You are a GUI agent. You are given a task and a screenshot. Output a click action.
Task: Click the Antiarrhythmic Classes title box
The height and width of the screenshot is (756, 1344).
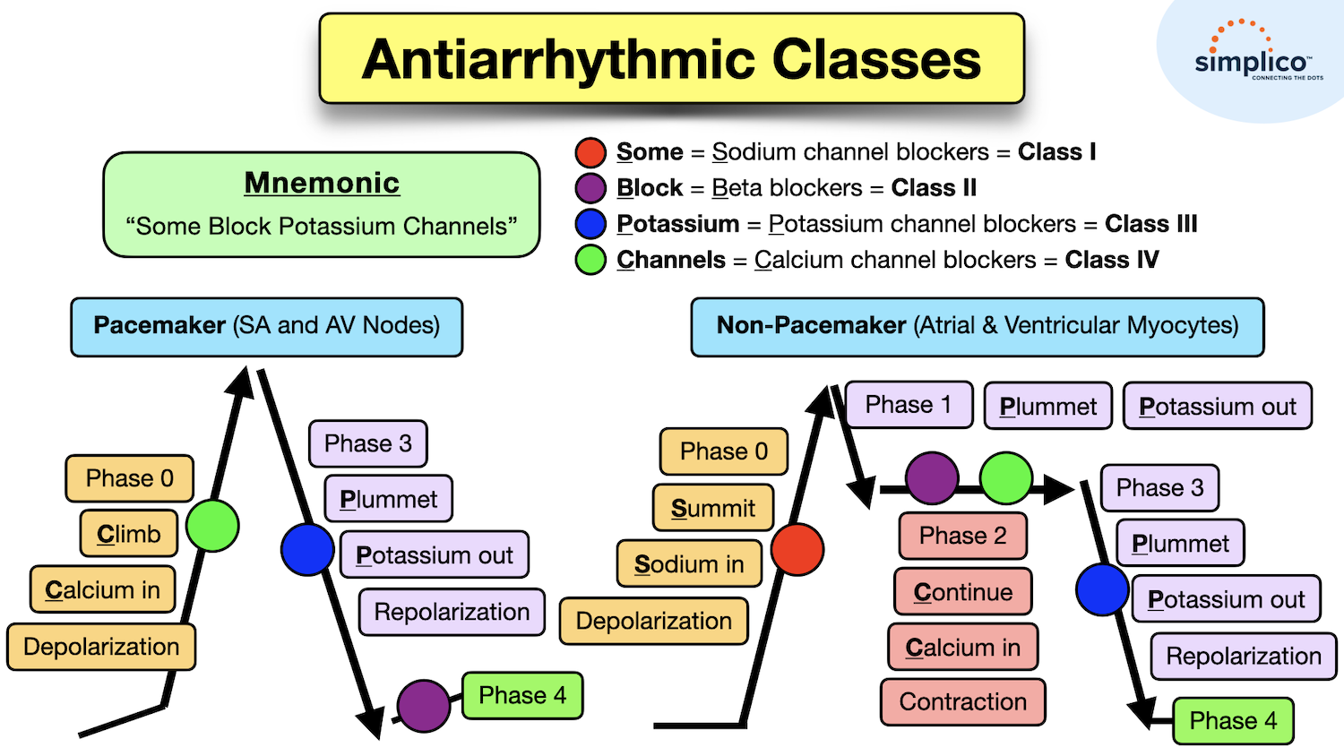[x=671, y=59]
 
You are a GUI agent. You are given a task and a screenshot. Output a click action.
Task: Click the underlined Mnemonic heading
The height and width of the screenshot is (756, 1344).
[x=322, y=183]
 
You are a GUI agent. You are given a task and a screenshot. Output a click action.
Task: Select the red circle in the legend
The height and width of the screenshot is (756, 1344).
[x=590, y=153]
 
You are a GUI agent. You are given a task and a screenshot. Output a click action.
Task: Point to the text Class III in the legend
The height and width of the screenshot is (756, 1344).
[x=1150, y=224]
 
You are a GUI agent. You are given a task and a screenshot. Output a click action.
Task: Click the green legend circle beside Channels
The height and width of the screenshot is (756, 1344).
[x=590, y=260]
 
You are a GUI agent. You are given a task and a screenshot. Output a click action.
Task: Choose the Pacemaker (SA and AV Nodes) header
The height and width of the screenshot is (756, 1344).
[x=266, y=326]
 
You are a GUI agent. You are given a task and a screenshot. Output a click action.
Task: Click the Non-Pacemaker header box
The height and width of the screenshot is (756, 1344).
[x=977, y=326]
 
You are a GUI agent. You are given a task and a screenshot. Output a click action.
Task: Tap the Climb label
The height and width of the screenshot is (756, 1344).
[x=129, y=534]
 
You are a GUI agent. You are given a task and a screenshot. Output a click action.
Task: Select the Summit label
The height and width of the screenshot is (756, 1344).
[x=713, y=508]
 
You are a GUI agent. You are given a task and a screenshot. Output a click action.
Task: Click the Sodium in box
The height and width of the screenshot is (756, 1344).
[x=688, y=564]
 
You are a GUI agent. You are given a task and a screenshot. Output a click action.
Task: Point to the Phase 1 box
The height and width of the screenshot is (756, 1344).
[x=908, y=405]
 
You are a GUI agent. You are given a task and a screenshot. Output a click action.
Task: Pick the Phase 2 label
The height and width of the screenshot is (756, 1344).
[x=962, y=536]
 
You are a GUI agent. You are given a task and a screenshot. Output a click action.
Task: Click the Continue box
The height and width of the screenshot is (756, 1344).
[x=962, y=592]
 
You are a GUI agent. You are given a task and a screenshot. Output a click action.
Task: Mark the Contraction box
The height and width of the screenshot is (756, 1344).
[x=962, y=701]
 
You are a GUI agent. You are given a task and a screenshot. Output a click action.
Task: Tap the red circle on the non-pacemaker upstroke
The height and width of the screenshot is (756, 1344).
[x=797, y=549]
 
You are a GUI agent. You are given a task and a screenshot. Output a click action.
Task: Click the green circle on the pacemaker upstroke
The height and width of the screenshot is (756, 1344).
[x=212, y=526]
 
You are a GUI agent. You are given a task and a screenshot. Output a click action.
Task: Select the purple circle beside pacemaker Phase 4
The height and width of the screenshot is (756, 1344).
[x=423, y=706]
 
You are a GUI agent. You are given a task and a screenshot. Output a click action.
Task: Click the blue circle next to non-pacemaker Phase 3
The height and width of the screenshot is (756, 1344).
[x=1102, y=589]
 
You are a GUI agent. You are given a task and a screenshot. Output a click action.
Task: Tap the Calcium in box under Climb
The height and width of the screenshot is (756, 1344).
[x=102, y=590]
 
